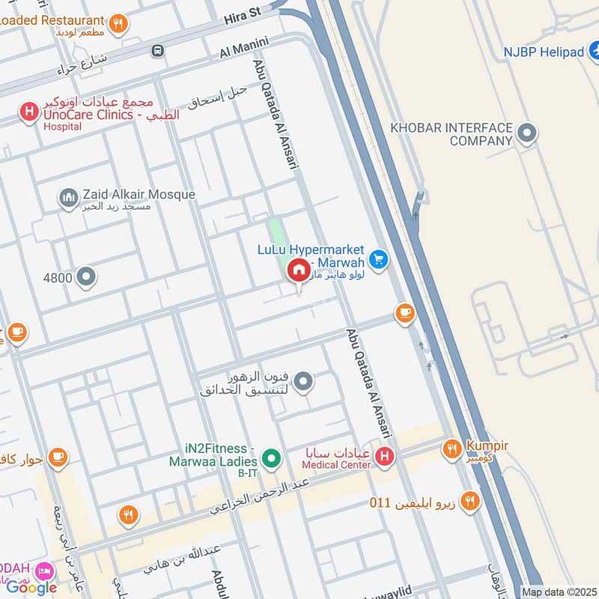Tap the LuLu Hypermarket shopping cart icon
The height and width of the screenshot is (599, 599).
[379, 259]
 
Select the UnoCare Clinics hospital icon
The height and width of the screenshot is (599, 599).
[28, 113]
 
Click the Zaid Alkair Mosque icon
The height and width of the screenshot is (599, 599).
[68, 198]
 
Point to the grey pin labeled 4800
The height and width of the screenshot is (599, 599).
[87, 278]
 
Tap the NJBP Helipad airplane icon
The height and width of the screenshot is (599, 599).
[595, 52]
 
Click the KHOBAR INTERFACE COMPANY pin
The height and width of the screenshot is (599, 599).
[527, 134]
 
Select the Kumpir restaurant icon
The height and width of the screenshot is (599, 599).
[451, 449]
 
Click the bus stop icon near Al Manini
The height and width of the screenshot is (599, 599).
[157, 51]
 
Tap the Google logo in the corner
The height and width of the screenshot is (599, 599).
[31, 587]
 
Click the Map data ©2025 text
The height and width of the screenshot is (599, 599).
[559, 592]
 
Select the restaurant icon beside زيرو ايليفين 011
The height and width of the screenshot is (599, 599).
[469, 501]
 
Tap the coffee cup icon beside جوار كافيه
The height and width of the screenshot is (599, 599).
[57, 456]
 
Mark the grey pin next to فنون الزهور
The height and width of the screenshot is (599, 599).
[303, 382]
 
